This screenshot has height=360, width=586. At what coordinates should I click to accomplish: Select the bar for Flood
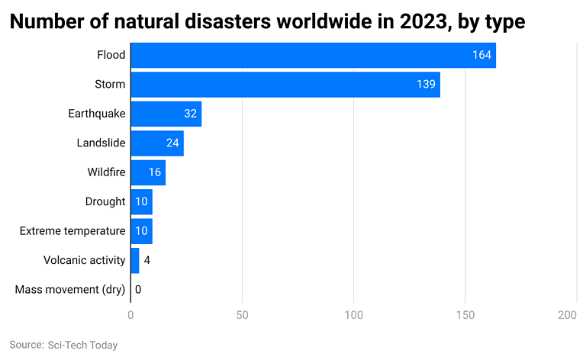[x=313, y=56]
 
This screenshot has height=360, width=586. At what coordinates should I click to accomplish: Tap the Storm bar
[x=285, y=85]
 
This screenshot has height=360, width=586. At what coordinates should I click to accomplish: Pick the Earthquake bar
[x=166, y=114]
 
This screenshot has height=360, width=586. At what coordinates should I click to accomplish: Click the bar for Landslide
[x=156, y=143]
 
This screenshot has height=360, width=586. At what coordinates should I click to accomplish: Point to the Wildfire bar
[x=148, y=172]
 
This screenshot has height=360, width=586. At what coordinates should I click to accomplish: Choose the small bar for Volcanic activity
[x=135, y=260]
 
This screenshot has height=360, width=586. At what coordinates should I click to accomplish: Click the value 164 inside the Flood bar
[x=481, y=56]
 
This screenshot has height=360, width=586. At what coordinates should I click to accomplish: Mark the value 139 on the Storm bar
[x=426, y=85]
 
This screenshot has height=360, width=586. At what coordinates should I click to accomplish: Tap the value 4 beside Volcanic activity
[x=147, y=261]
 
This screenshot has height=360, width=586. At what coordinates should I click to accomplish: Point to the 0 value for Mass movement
[x=138, y=290]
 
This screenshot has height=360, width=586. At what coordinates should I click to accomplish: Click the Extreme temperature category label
[x=72, y=231]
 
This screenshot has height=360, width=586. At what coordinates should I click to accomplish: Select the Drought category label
[x=105, y=202]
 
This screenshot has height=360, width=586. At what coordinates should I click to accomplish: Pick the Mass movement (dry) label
[x=70, y=290]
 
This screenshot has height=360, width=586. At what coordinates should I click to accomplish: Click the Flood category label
[x=111, y=56]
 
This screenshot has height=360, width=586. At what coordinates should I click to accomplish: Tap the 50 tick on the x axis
[x=242, y=315]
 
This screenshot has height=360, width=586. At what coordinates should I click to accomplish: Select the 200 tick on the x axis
[x=567, y=315]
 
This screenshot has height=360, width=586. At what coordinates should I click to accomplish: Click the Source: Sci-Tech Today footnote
[x=63, y=346]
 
